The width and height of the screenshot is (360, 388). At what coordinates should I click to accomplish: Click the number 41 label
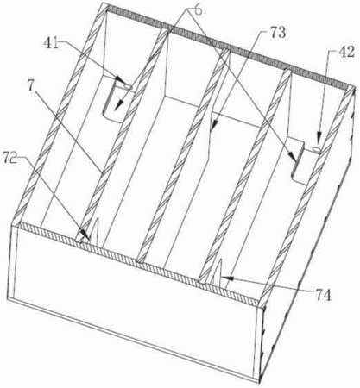tap(51, 43)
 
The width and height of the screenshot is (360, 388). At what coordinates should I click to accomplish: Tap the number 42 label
tap(346, 52)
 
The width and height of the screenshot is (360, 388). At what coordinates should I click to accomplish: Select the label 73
tap(276, 33)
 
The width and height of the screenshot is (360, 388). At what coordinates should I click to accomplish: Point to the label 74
tap(322, 296)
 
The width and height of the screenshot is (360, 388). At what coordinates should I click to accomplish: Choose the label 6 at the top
tap(199, 10)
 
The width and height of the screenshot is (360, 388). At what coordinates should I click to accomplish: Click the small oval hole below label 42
tap(317, 149)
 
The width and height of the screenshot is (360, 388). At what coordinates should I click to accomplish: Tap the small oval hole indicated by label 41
tap(128, 86)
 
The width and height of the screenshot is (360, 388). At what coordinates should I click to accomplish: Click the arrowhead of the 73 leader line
tap(214, 125)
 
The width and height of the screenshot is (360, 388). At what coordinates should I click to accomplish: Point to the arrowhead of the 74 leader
tap(226, 278)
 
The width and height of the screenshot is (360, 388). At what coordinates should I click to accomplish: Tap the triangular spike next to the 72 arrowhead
tap(95, 232)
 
